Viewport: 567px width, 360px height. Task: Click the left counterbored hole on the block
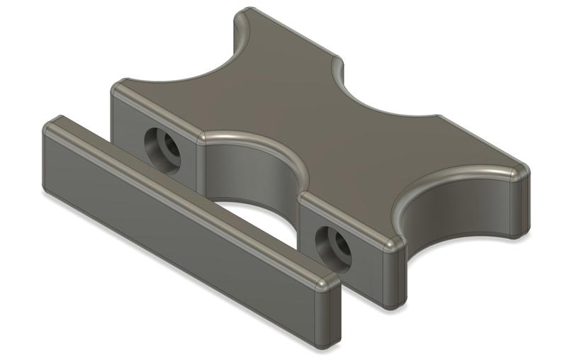tap(162, 145)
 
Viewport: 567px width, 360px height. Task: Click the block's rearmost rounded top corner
tap(245, 14)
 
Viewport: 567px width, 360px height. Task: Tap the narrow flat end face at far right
tap(521, 206)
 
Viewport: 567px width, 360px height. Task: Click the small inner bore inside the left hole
tap(169, 148)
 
